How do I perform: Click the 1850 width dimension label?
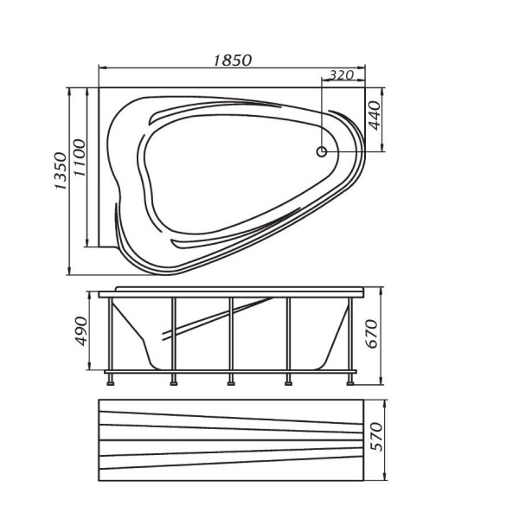233,61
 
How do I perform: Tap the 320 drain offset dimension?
342,75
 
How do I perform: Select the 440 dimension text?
375,116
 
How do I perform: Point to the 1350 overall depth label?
61,170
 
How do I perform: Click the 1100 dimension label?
80,158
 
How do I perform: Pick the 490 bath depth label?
81,331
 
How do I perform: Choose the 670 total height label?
372,334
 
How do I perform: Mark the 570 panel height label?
376,437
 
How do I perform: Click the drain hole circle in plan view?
322,152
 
